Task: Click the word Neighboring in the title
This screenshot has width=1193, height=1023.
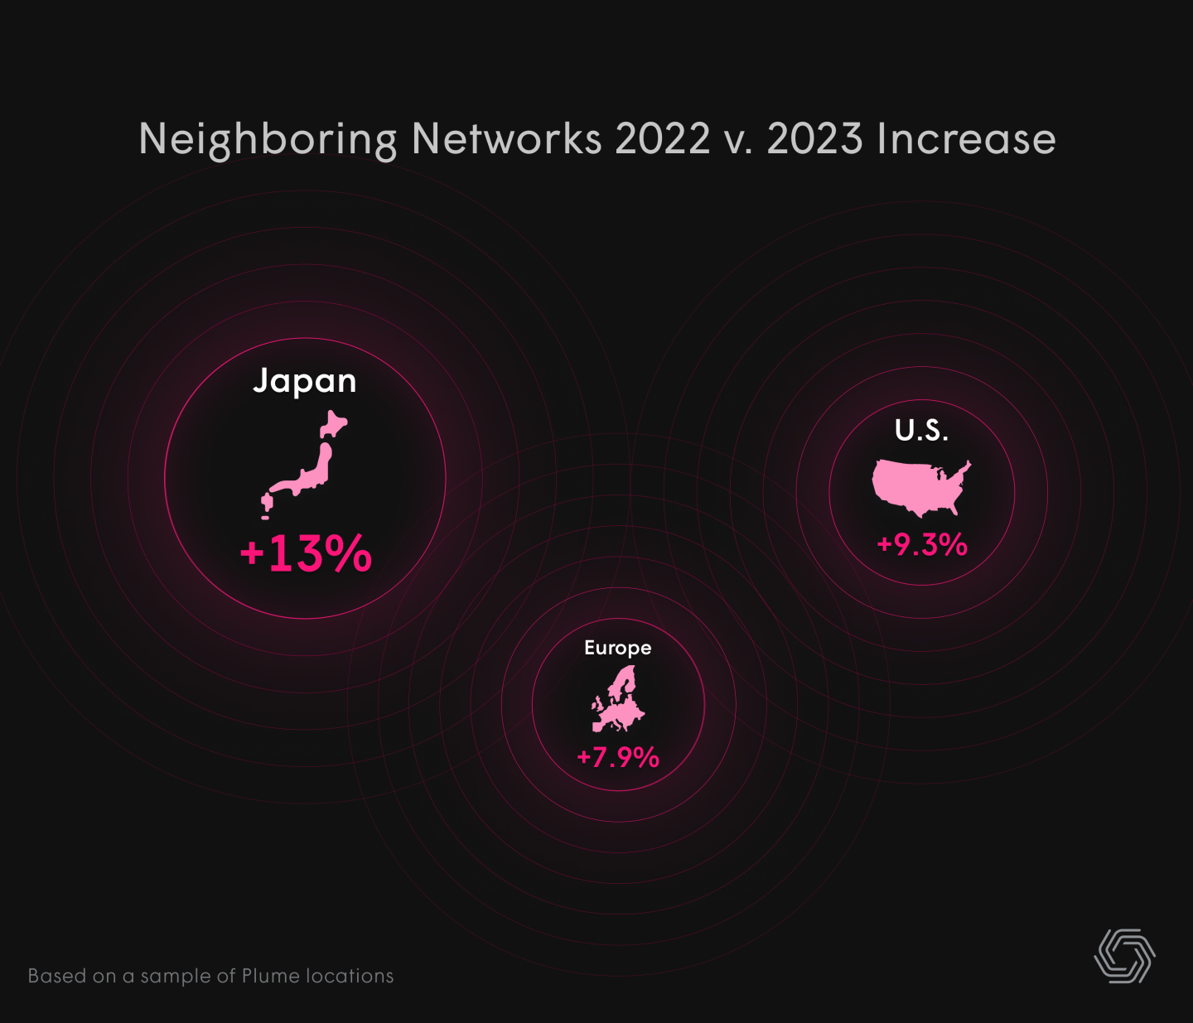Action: pyautogui.click(x=268, y=139)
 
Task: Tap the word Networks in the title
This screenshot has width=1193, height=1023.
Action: pyautogui.click(x=506, y=138)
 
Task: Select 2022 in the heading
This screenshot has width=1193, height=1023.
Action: pyautogui.click(x=662, y=138)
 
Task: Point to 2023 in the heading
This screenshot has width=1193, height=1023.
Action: pyautogui.click(x=814, y=138)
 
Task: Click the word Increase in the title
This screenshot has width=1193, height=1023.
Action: pyautogui.click(x=967, y=138)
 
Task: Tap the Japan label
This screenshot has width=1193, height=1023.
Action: pyautogui.click(x=305, y=381)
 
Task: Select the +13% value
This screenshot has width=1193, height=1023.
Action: pyautogui.click(x=306, y=553)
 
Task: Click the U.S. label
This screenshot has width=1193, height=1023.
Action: pyautogui.click(x=921, y=430)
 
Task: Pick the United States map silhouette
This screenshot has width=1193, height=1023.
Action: pyautogui.click(x=918, y=486)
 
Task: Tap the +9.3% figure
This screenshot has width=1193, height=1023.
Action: pyautogui.click(x=922, y=544)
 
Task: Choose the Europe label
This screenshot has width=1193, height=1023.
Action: pyautogui.click(x=617, y=648)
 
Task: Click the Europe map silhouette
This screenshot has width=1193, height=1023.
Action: pyautogui.click(x=618, y=702)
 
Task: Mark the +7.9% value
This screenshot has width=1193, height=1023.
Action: pyautogui.click(x=618, y=757)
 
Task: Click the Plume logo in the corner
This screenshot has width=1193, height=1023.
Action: pyautogui.click(x=1124, y=956)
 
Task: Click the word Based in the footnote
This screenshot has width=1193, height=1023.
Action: pyautogui.click(x=58, y=976)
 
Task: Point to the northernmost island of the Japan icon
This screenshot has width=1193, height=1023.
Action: pyautogui.click(x=333, y=426)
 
